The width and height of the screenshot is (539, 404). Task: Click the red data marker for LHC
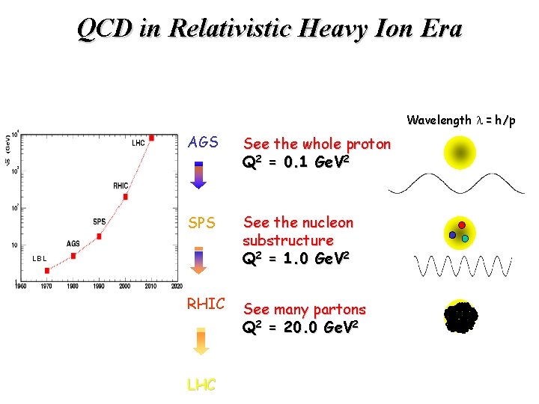coord(151,138)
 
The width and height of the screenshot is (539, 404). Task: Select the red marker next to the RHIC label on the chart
coord(125,197)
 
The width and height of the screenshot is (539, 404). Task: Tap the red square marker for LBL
coord(46,270)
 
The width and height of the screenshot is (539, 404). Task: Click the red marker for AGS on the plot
coord(73,256)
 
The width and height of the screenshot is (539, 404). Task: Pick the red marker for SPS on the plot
coord(99,236)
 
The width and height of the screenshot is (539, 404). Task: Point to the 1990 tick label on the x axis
coord(99,286)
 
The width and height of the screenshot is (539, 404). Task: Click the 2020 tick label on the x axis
coord(176,286)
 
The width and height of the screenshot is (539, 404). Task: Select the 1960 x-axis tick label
coord(21,286)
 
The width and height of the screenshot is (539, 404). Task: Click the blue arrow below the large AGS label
coord(198,175)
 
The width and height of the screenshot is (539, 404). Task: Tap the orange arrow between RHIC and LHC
coord(198,341)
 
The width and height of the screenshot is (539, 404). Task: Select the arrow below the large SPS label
coord(198,262)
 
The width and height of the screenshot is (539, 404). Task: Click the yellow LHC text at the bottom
coord(201,385)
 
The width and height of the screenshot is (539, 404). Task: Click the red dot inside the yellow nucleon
coord(462,225)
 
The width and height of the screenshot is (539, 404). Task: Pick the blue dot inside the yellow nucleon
coord(452,234)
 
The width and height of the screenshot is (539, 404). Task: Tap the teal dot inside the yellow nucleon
coord(465,239)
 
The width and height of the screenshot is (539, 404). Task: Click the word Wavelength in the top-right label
coord(439,120)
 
